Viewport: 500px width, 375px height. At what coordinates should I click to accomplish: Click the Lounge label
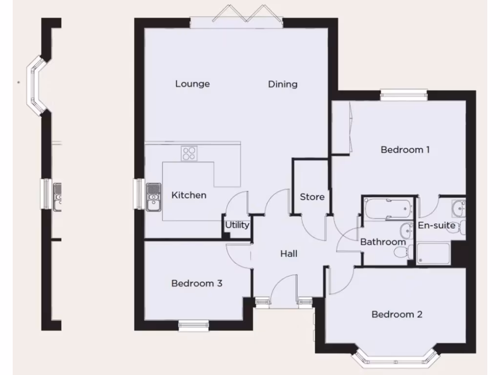coord(192,84)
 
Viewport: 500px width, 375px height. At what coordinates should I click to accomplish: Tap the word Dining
coord(283,84)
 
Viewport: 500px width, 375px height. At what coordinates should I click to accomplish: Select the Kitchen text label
coord(189,195)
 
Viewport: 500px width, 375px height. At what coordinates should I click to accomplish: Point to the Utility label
coord(237,225)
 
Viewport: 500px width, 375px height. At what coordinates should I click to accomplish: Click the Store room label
coord(312,197)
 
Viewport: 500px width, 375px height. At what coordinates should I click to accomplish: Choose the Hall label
coord(289,254)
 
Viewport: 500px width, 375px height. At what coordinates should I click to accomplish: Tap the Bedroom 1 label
coord(405,150)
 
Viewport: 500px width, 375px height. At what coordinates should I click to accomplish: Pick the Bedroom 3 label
coord(197,283)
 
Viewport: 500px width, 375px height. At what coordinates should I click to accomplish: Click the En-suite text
coord(437,226)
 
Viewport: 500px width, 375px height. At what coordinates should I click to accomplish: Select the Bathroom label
coord(383,242)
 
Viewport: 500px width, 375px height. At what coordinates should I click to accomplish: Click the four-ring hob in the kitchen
coord(188,154)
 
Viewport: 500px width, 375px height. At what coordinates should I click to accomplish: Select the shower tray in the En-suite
coord(433,253)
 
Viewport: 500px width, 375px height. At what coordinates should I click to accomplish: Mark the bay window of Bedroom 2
coord(393,359)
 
